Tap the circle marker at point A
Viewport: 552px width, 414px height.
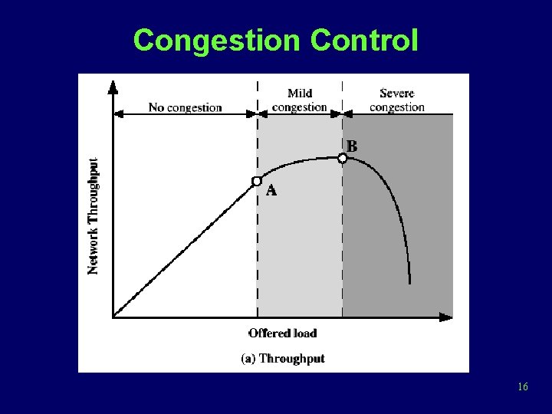tap(257, 181)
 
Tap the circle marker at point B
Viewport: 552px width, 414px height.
tap(343, 158)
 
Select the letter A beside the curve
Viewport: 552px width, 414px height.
tap(271, 191)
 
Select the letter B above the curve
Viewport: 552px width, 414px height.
tap(352, 145)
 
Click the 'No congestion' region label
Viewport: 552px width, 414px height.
tap(185, 108)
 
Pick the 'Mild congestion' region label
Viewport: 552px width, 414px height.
tap(300, 100)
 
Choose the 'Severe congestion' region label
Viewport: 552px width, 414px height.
tap(396, 100)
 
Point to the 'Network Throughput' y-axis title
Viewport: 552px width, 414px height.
tap(93, 215)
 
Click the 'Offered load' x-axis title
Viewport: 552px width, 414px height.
tap(282, 333)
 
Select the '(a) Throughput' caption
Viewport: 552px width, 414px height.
tap(283, 358)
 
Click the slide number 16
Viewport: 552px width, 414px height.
tap(522, 387)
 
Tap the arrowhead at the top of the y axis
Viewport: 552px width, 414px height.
tap(113, 85)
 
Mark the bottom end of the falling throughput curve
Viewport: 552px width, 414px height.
tap(410, 282)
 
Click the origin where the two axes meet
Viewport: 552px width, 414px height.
tap(113, 316)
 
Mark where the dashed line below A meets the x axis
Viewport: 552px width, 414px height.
tap(257, 316)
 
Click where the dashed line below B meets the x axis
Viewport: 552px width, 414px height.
tap(343, 316)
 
